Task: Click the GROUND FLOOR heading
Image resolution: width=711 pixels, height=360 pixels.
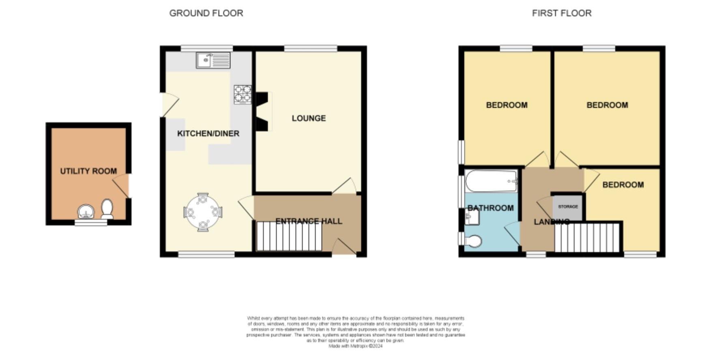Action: pos(206,13)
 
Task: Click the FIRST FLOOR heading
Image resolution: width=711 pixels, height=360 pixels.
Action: pos(561,13)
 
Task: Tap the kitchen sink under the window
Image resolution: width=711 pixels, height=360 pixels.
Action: pos(213,60)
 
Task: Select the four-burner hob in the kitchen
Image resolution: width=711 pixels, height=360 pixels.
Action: pos(243,94)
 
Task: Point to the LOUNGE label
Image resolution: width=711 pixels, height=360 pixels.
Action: pos(309,118)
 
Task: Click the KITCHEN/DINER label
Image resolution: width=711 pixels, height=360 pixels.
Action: pos(208,133)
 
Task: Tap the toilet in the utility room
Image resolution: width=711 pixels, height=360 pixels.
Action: pos(107,208)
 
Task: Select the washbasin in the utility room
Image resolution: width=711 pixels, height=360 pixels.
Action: pos(86,212)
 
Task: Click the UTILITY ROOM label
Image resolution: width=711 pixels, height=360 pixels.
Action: pos(88,171)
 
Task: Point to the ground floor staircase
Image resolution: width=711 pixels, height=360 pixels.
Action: pos(289,236)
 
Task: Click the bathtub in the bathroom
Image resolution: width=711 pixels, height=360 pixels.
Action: pos(491,181)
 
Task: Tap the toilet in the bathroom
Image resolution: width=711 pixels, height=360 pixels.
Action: pos(473,241)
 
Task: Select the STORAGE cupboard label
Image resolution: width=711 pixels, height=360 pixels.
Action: pos(568,207)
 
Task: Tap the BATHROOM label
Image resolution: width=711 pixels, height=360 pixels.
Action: pos(490,208)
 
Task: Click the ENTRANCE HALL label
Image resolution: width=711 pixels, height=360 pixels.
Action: pos(309,221)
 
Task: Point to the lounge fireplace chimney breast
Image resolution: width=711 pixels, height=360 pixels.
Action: pos(262,111)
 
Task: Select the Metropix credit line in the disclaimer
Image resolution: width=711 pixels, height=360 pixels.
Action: pos(355,346)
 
